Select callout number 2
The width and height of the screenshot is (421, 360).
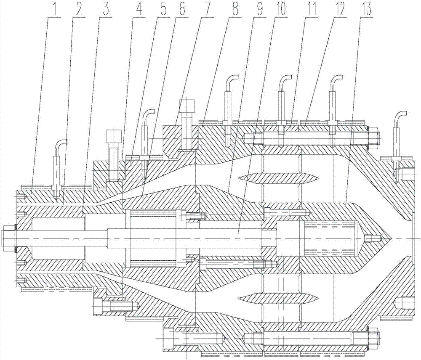[x=78, y=10]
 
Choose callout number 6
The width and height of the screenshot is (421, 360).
[x=184, y=10]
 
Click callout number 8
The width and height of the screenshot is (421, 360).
[x=232, y=10]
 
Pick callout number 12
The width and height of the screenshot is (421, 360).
[x=339, y=10]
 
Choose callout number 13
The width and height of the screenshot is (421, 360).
[x=367, y=10]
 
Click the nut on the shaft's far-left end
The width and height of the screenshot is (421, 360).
[x=8, y=238]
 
